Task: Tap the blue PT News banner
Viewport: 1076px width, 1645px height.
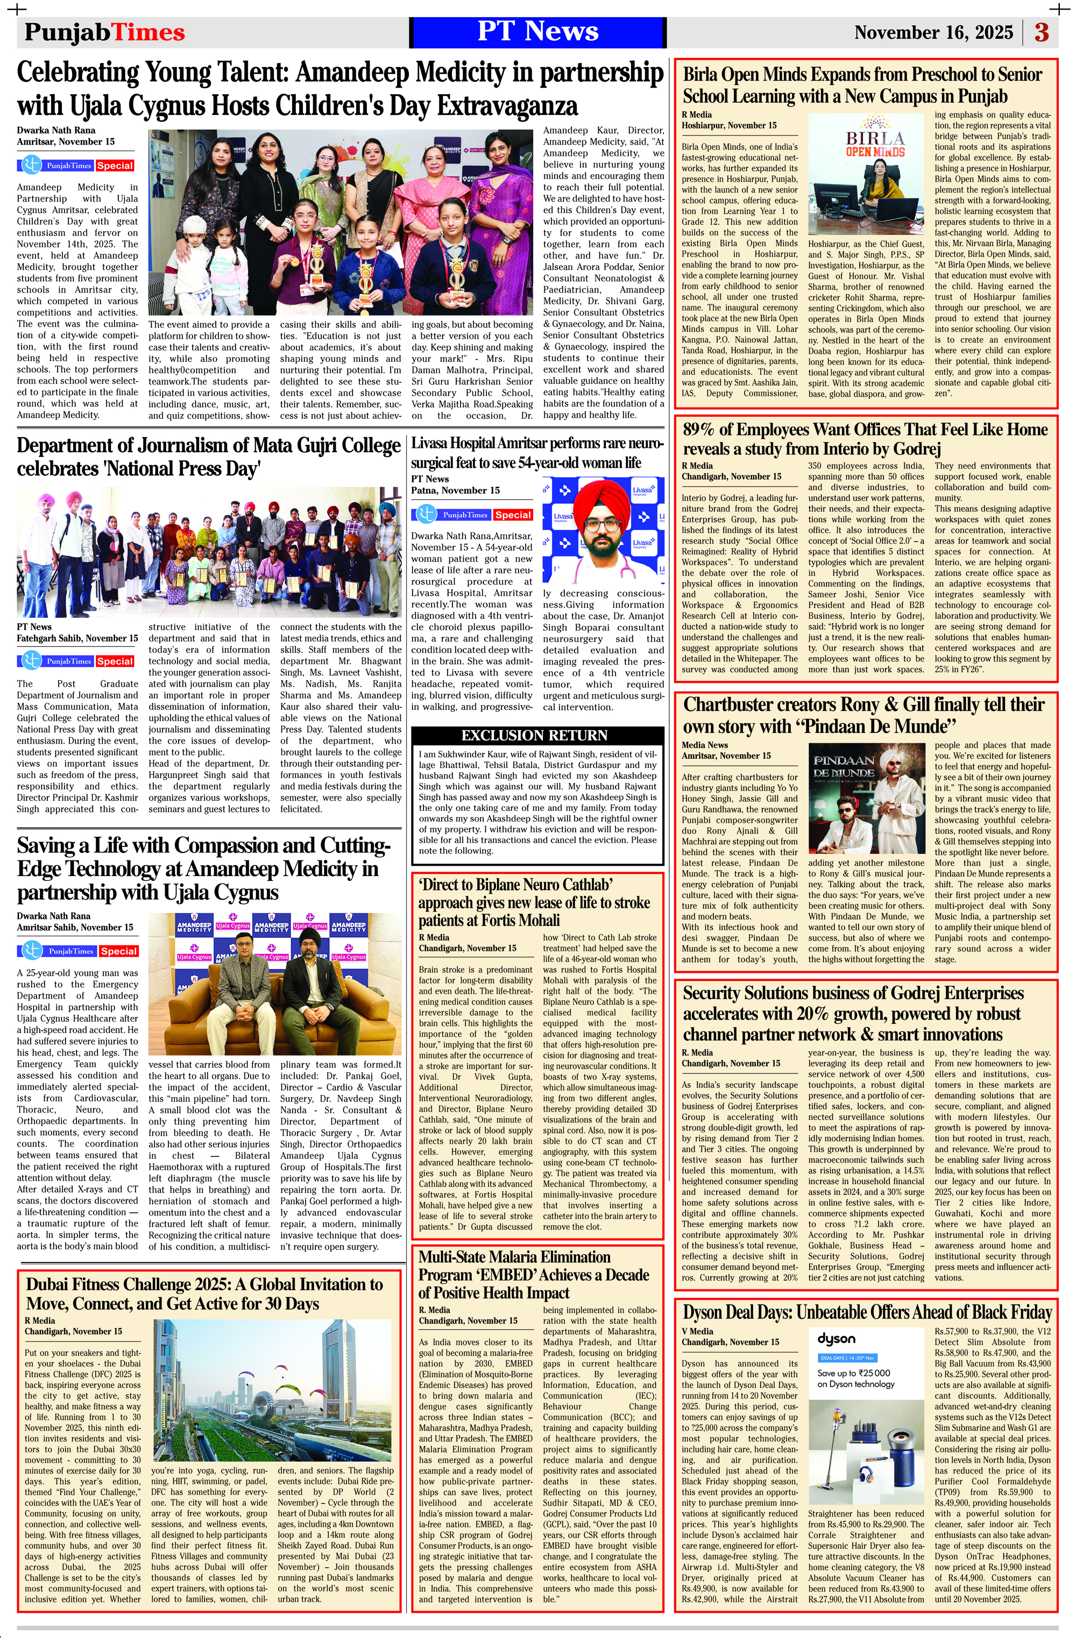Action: click(x=537, y=32)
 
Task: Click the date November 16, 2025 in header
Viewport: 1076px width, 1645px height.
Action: click(x=933, y=32)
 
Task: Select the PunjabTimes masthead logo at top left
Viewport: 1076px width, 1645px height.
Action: click(x=104, y=32)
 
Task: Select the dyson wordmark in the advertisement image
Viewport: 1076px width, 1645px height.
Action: click(x=836, y=1339)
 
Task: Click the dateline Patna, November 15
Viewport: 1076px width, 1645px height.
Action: click(x=455, y=490)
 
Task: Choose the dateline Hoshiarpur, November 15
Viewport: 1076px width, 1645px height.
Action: click(x=729, y=125)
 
